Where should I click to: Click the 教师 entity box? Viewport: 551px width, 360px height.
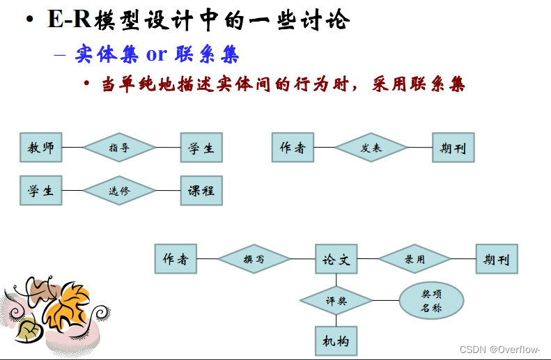click(x=41, y=148)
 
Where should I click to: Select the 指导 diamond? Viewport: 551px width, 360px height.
click(x=119, y=148)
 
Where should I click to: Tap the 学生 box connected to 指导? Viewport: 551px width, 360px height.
click(x=201, y=148)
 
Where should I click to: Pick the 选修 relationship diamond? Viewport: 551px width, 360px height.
click(x=119, y=190)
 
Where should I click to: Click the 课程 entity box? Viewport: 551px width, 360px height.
click(x=201, y=190)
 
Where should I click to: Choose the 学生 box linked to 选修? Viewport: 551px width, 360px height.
click(x=41, y=190)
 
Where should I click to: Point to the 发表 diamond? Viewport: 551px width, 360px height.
click(x=371, y=148)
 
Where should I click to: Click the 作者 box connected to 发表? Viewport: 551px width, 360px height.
click(x=293, y=148)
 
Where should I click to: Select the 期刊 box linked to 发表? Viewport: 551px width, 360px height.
click(x=453, y=148)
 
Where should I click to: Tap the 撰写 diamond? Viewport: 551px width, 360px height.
click(x=254, y=259)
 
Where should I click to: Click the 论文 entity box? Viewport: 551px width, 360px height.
click(x=336, y=259)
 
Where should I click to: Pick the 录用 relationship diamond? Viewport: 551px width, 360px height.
click(x=414, y=259)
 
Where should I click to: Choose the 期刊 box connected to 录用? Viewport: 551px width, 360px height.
click(x=497, y=259)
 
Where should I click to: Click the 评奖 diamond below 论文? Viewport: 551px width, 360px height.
click(x=336, y=301)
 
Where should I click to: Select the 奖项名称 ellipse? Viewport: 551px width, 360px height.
click(x=431, y=301)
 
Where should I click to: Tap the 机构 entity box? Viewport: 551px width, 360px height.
click(x=336, y=341)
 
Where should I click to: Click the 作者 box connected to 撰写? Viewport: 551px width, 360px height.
click(x=176, y=259)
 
